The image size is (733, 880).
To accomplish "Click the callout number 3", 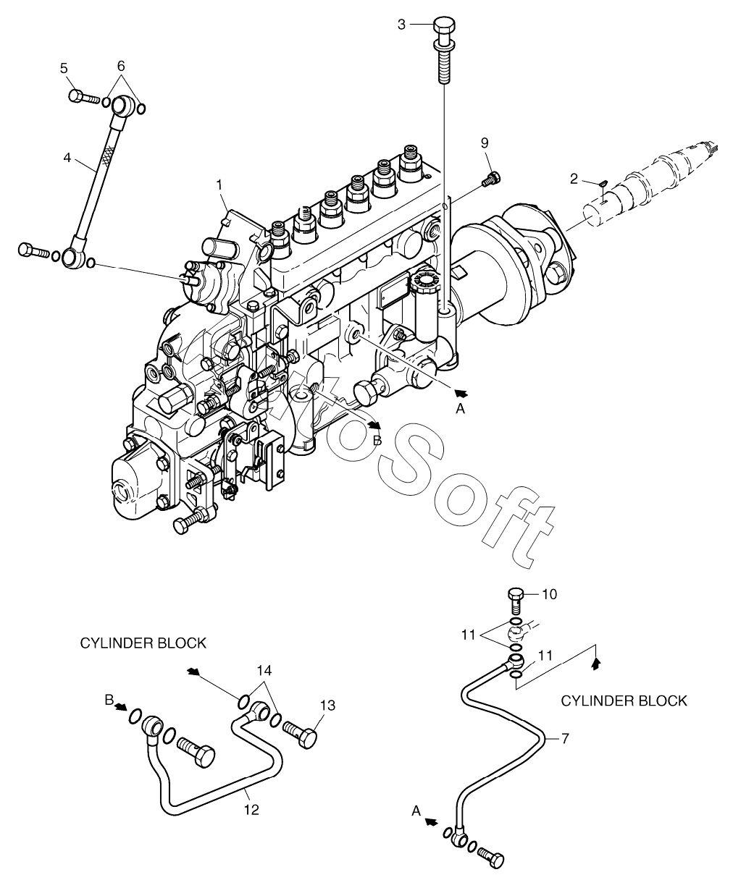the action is (x=401, y=25).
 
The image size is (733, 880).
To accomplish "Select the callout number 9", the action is (x=485, y=143).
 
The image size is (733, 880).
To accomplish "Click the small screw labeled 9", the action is (x=491, y=179).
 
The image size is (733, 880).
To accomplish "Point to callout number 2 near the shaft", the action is (x=574, y=179).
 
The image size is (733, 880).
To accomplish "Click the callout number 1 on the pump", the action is (x=219, y=185).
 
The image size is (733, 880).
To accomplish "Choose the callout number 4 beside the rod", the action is (x=67, y=158).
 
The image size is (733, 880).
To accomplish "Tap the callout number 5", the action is (x=64, y=68).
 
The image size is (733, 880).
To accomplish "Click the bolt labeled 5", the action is (x=84, y=97).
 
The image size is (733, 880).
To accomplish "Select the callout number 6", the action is (x=121, y=66).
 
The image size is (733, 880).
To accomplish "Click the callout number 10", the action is (x=550, y=594).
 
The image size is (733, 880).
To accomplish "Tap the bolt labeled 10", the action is (x=514, y=601).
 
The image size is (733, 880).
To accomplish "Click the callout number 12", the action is (x=251, y=810).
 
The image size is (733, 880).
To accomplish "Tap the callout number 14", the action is (x=264, y=670).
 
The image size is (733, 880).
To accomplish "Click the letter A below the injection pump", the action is (x=460, y=408).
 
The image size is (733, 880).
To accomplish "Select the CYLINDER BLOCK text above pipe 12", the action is (x=143, y=643).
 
